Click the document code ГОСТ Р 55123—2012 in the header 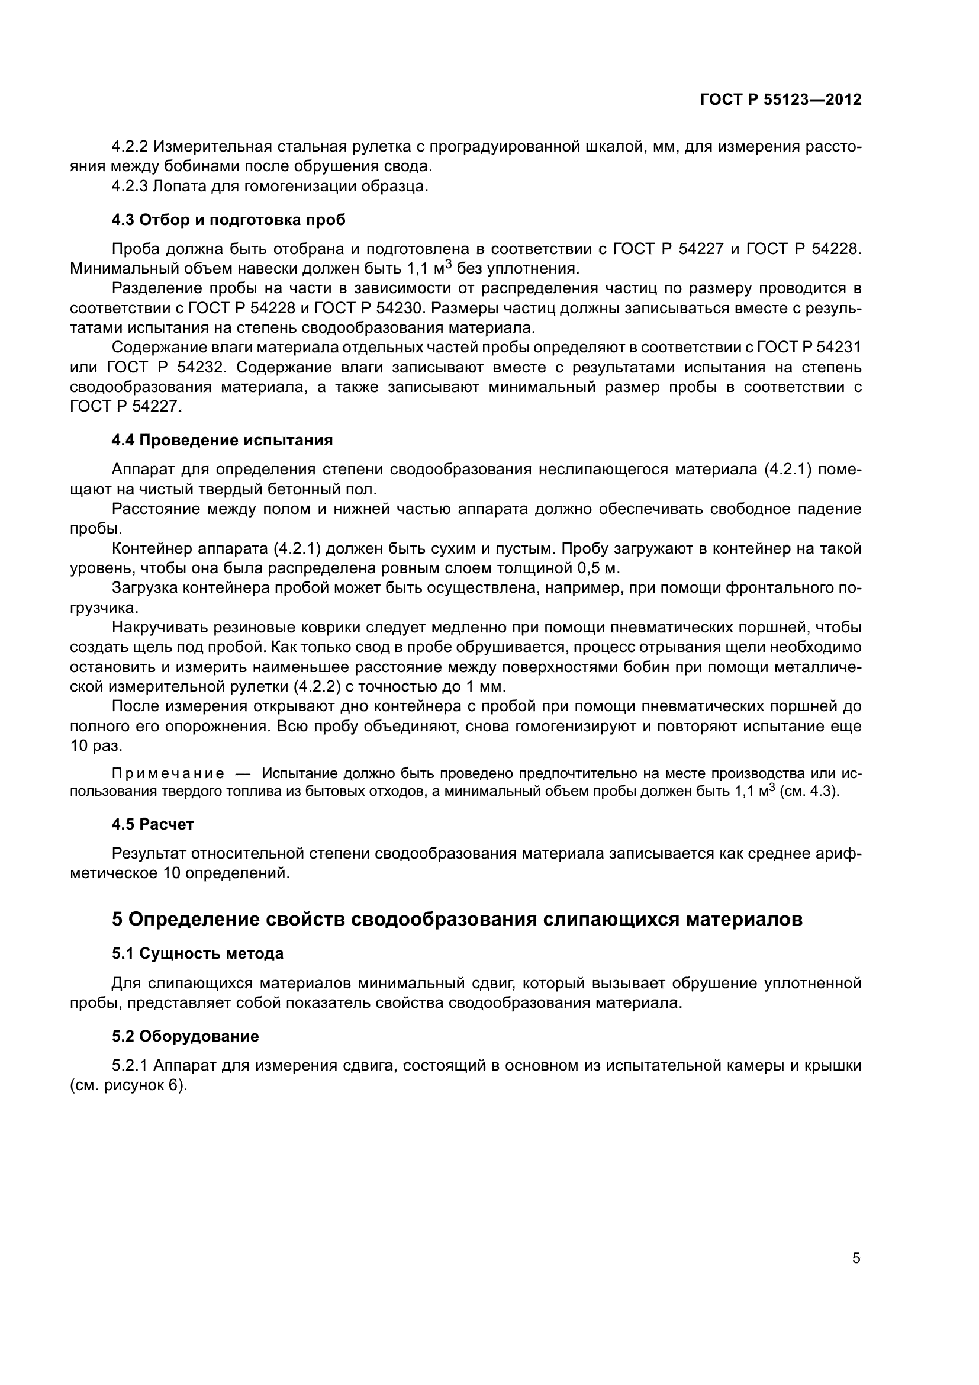click(x=780, y=100)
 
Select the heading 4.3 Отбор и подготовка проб click(x=228, y=220)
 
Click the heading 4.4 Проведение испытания click(x=222, y=441)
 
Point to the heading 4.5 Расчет click(x=153, y=825)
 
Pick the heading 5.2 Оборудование click(x=185, y=1036)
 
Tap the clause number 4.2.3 click(x=130, y=187)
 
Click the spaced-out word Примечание click(x=168, y=774)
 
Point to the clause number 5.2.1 click(x=130, y=1066)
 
